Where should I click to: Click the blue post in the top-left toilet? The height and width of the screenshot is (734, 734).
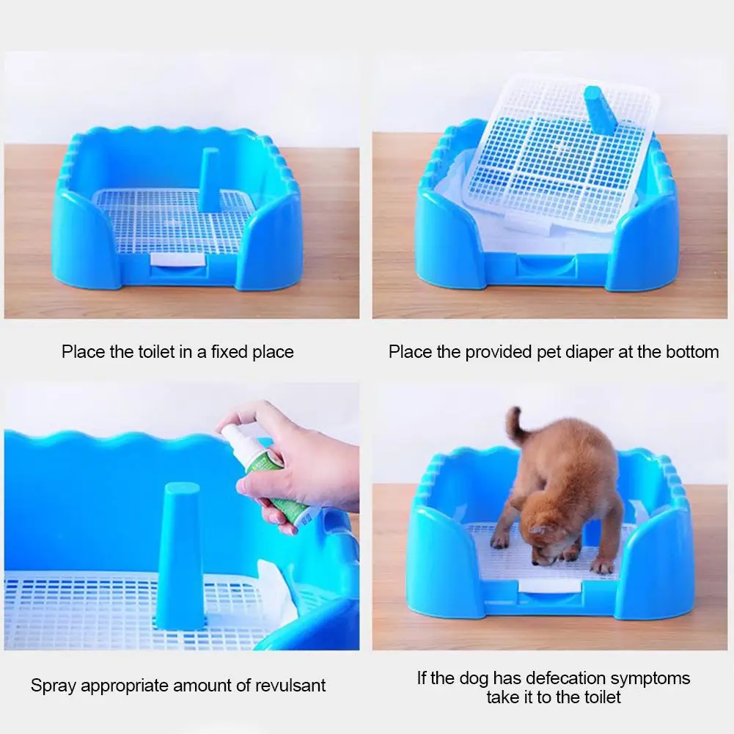[209, 180]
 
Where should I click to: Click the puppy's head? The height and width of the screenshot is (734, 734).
[548, 538]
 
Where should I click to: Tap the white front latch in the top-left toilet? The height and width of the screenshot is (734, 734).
[177, 260]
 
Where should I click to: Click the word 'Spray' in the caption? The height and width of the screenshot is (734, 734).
[54, 686]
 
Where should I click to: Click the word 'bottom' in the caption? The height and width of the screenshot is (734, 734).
[692, 351]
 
